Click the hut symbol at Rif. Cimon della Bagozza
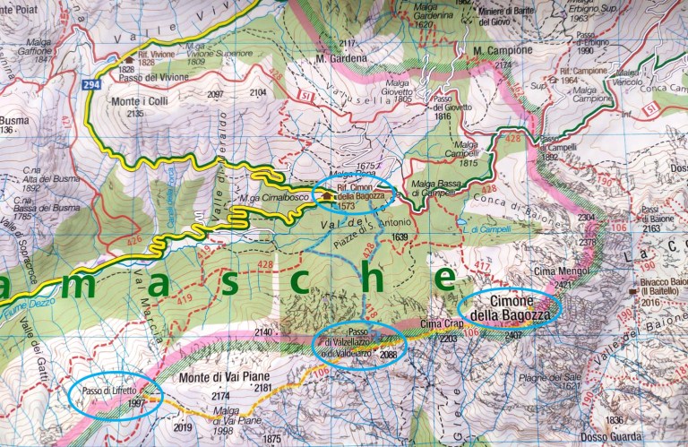click(328, 195)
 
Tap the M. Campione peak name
click(498, 50)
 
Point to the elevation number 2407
click(512, 336)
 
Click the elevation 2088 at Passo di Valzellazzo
click(388, 355)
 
